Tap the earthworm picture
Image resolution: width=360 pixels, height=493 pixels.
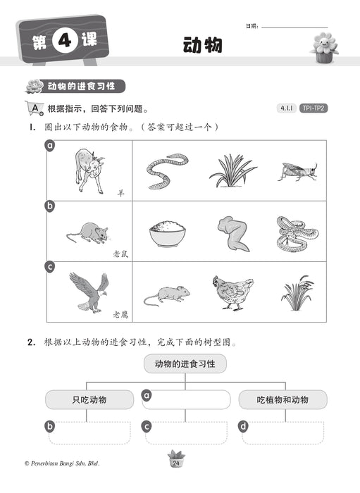[x=166, y=171]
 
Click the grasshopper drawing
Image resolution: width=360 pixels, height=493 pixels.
[x=297, y=171]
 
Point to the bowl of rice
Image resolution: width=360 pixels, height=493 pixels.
[x=167, y=233]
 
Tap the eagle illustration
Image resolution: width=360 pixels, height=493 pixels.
[x=89, y=291]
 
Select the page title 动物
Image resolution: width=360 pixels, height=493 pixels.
[x=202, y=45]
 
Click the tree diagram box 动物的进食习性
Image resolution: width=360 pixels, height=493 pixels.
[x=185, y=365]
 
